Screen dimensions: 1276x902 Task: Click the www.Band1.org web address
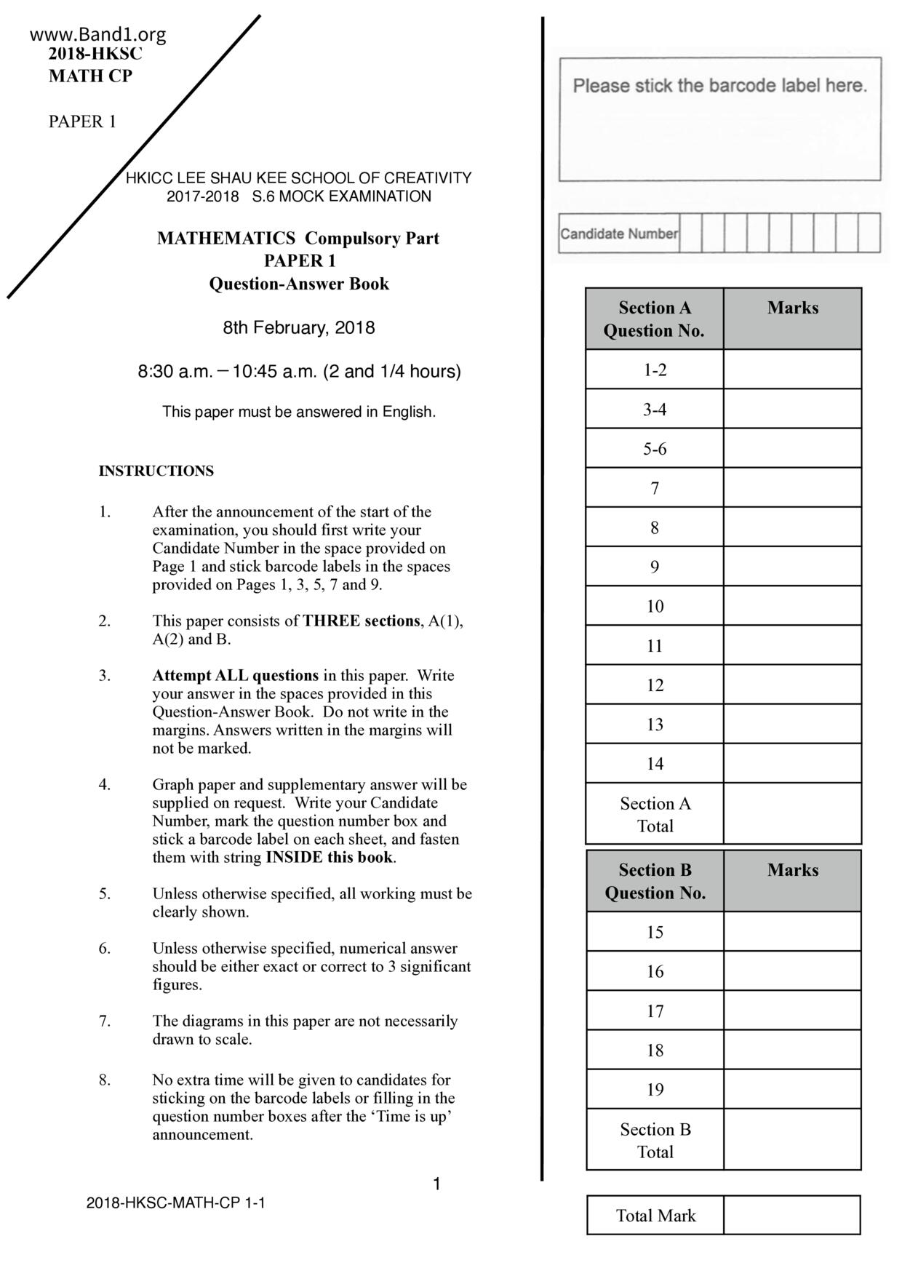tap(98, 34)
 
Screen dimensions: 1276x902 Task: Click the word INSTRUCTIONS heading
tap(156, 471)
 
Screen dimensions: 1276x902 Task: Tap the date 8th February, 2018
tap(299, 327)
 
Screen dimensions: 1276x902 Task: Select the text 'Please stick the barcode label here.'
tap(719, 86)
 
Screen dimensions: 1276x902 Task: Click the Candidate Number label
tap(618, 234)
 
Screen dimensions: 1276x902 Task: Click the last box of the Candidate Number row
tap(869, 233)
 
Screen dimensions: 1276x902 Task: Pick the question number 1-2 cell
tap(655, 370)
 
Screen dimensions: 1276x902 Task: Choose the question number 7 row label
tap(655, 487)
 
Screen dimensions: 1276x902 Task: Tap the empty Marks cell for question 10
tap(792, 606)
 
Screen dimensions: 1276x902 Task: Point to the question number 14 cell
tap(655, 763)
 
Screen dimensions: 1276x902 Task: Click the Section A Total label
tap(655, 814)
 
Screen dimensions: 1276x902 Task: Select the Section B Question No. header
tap(655, 881)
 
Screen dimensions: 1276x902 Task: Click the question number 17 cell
tap(655, 1010)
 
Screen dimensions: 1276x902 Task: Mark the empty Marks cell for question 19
tap(792, 1089)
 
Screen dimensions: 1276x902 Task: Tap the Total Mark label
tap(655, 1216)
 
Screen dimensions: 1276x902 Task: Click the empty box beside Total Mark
tap(792, 1216)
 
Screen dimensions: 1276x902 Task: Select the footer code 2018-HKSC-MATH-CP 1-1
tap(175, 1203)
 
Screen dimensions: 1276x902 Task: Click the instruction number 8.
tap(105, 1080)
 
